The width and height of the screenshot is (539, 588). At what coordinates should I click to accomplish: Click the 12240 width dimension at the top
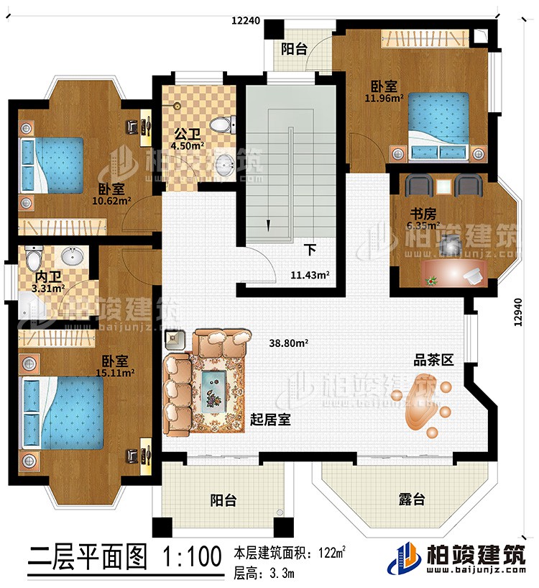[x=245, y=22]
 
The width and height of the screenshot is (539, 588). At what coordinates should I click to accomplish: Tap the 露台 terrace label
[x=407, y=499]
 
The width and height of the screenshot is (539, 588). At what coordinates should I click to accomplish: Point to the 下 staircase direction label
[x=310, y=250]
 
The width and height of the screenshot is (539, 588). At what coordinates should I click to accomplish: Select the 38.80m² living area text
[x=289, y=344]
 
